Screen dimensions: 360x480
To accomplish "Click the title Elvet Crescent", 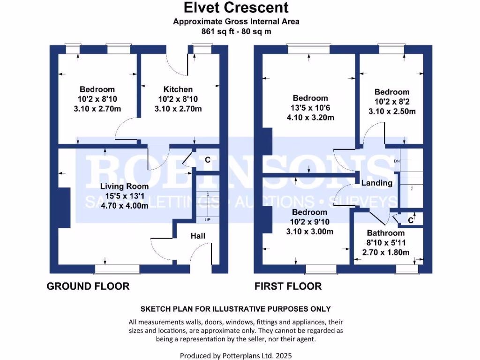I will tap(236, 8).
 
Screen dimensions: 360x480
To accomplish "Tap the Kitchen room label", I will tap(178, 89).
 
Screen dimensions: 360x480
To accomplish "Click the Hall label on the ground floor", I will tap(197, 236).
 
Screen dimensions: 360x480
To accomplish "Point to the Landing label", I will tap(377, 183).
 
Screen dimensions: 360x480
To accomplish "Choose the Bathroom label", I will tap(386, 233).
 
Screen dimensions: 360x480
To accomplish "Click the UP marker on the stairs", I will tap(207, 219).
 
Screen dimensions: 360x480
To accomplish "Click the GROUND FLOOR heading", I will tap(88, 286).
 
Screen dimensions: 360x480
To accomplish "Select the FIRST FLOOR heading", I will tap(288, 286).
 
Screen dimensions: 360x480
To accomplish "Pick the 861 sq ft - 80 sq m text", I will tap(236, 31).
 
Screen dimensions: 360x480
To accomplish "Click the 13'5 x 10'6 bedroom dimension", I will tap(310, 108).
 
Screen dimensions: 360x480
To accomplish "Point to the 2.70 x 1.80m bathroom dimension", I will tap(386, 252).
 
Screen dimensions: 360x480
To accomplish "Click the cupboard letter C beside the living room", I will tap(207, 160).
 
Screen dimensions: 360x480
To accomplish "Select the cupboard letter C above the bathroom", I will tap(411, 220).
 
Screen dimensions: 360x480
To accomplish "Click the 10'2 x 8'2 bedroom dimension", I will tap(392, 102).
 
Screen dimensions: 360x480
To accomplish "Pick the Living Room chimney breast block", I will tap(64, 207).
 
